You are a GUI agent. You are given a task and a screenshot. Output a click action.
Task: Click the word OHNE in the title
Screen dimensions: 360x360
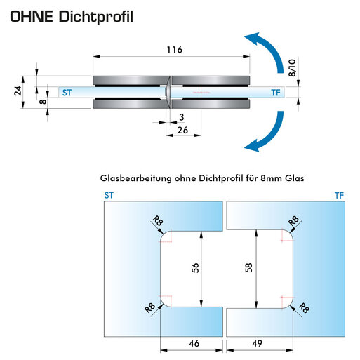(32, 16)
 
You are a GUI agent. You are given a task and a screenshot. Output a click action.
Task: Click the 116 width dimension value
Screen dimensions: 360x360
(175, 50)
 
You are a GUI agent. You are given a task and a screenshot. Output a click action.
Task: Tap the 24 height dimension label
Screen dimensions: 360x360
(18, 91)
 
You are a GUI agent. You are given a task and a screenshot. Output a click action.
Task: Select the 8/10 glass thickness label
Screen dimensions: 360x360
(292, 68)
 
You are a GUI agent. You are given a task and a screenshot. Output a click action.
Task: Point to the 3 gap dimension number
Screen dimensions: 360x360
(182, 117)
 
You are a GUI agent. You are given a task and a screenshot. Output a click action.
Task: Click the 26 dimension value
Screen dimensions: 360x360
(182, 130)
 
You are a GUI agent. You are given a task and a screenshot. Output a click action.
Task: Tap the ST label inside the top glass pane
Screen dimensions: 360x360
(67, 93)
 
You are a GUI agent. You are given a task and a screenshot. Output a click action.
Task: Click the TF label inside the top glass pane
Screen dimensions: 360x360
(276, 93)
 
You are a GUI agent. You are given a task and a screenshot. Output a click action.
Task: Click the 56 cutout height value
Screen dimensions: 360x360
(195, 268)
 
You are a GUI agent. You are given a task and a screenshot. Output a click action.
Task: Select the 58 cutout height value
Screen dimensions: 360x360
(249, 268)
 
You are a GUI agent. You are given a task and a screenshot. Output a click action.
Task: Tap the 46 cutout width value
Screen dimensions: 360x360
(194, 343)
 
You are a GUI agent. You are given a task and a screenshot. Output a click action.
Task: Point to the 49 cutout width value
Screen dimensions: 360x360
(257, 343)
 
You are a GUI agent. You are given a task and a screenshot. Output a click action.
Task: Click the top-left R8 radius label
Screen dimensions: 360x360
(158, 221)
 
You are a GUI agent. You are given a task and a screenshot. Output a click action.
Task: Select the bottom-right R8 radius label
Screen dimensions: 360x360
(304, 308)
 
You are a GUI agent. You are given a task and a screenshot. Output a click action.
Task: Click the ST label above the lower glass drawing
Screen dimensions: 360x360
(109, 195)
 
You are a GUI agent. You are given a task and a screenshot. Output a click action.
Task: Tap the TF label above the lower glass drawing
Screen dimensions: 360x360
(339, 195)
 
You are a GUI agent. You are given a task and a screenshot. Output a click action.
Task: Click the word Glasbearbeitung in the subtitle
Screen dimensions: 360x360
(135, 178)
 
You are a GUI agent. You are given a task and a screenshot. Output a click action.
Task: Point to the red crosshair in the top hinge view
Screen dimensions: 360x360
(201, 92)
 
